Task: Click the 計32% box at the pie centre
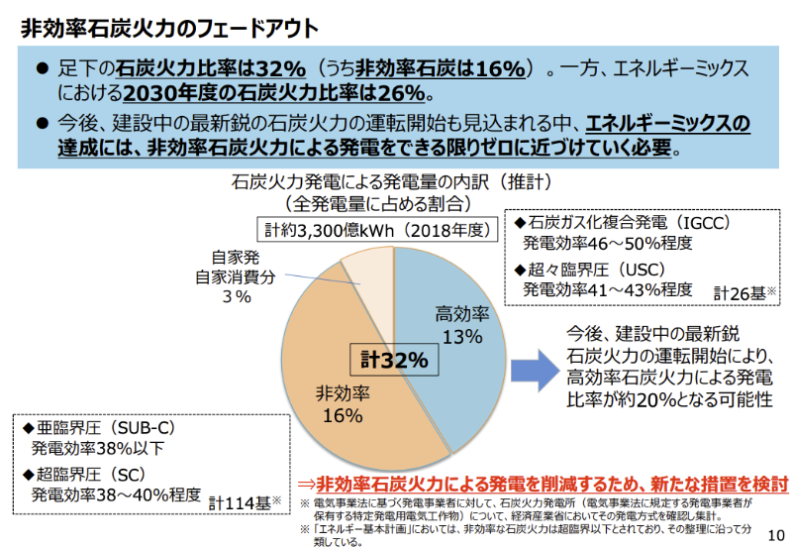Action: click(x=394, y=360)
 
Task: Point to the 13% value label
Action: click(x=462, y=337)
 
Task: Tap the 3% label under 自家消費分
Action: click(x=236, y=297)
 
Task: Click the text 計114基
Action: click(x=243, y=502)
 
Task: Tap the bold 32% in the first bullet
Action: click(x=279, y=69)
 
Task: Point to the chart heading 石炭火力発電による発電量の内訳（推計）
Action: click(x=391, y=183)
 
